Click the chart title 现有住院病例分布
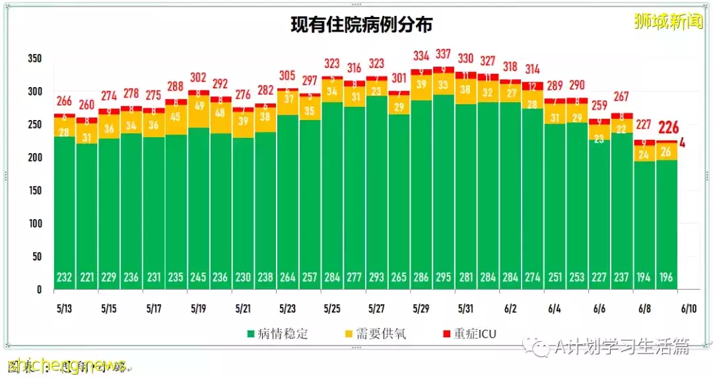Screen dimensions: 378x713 pyautogui.click(x=362, y=25)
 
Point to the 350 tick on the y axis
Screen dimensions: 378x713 pyautogui.click(x=34, y=59)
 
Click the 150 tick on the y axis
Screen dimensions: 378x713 pyautogui.click(x=34, y=191)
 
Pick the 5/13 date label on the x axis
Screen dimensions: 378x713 pyautogui.click(x=65, y=308)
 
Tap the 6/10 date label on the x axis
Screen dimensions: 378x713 pyautogui.click(x=689, y=308)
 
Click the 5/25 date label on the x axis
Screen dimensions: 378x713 pyautogui.click(x=333, y=308)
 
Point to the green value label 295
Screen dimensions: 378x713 pyautogui.click(x=444, y=278)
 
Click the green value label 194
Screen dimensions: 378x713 pyautogui.click(x=644, y=278)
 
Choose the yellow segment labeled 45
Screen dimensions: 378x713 pyautogui.click(x=176, y=117)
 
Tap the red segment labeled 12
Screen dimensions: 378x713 pyautogui.click(x=533, y=86)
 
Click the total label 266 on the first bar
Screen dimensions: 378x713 pyautogui.click(x=65, y=102)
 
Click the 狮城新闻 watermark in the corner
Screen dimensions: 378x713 pyautogui.click(x=668, y=22)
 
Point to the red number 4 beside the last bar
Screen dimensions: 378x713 pyautogui.click(x=683, y=142)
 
